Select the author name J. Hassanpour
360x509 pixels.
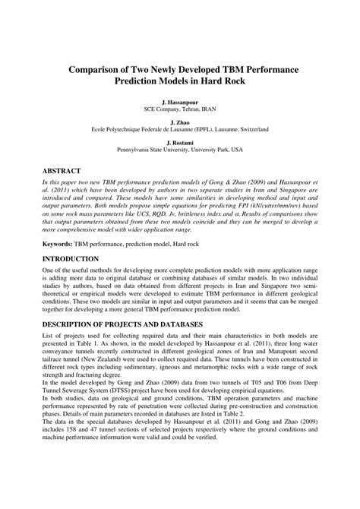coord(179,100)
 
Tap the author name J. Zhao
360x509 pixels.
coord(179,122)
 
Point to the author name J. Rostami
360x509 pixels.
coord(179,142)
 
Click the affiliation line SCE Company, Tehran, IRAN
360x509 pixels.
coord(179,108)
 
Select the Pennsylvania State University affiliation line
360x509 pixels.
coord(179,150)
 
